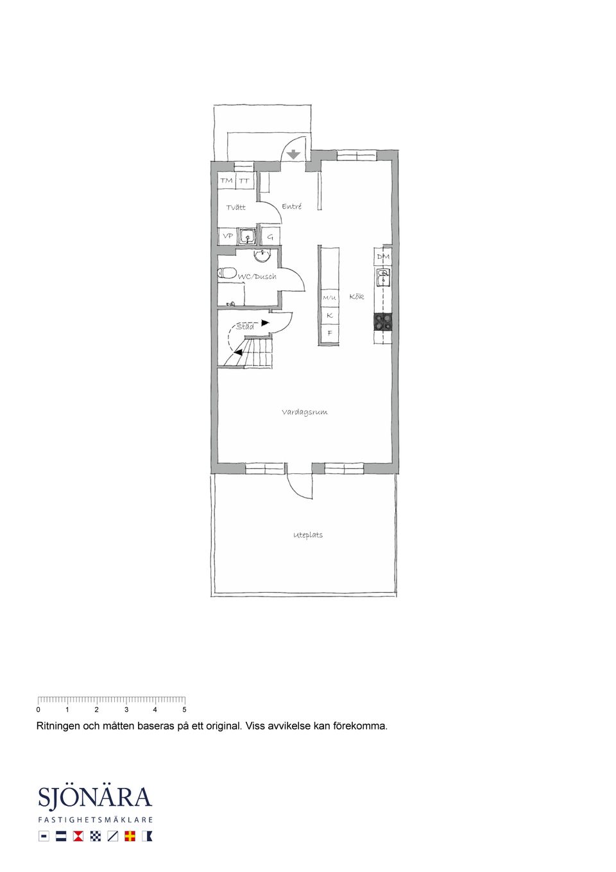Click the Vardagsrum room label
(305, 412)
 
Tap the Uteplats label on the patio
(308, 535)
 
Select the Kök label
(357, 296)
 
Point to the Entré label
(292, 206)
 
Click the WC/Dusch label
(257, 276)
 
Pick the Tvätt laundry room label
(236, 207)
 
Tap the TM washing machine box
(227, 180)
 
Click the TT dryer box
(244, 180)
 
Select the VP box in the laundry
(228, 236)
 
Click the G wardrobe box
(270, 236)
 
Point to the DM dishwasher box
(383, 256)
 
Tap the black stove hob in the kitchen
(383, 322)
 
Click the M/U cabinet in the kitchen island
(329, 298)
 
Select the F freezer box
(329, 333)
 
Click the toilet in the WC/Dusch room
(226, 272)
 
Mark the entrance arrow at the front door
(294, 155)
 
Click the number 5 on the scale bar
(184, 710)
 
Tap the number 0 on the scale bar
(38, 710)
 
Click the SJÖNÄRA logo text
(95, 797)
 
